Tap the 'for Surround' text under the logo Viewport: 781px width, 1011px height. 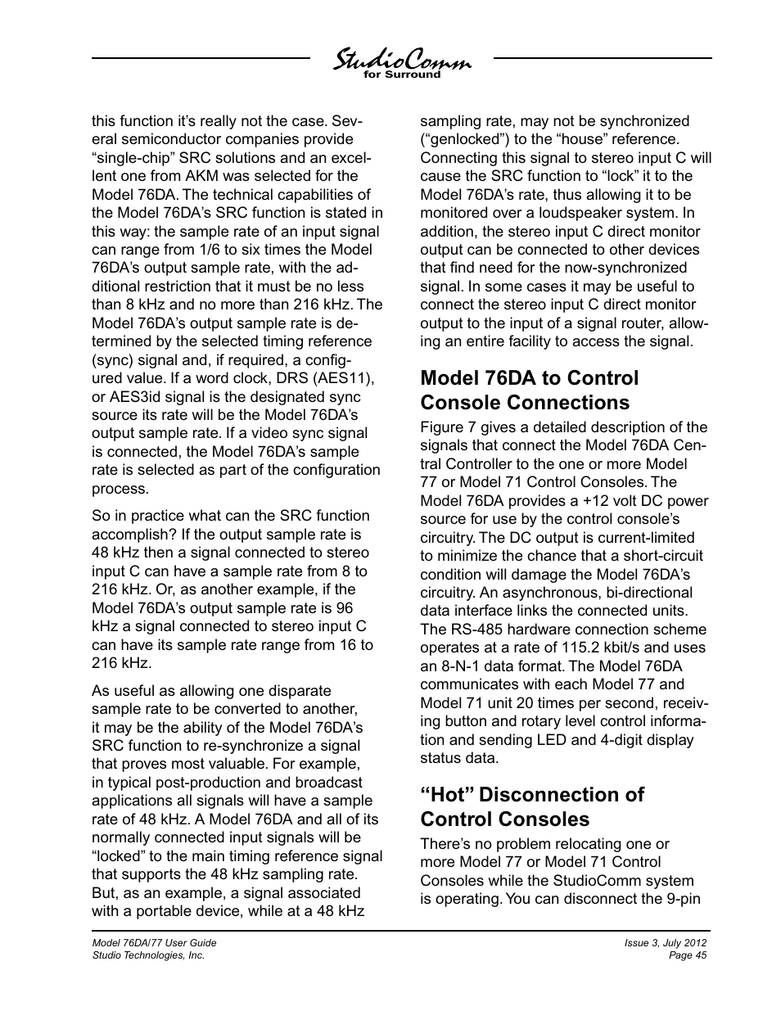[x=401, y=74]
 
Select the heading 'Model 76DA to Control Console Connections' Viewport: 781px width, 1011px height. [x=529, y=390]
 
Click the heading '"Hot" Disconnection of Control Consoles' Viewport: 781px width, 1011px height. [x=532, y=807]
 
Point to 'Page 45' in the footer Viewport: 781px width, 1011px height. [x=688, y=955]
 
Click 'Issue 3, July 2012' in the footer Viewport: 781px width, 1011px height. [x=665, y=943]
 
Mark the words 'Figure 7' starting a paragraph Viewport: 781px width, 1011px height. [x=448, y=427]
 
